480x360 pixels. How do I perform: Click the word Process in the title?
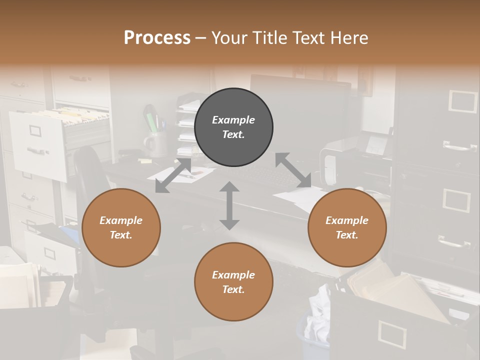click(x=157, y=38)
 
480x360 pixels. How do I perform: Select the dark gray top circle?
click(x=233, y=127)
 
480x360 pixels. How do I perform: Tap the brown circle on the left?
click(x=121, y=227)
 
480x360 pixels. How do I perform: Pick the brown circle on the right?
click(x=347, y=227)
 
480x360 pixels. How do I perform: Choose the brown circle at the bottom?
click(x=233, y=282)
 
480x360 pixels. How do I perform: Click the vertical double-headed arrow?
click(x=229, y=205)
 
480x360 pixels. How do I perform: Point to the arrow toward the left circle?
click(x=173, y=175)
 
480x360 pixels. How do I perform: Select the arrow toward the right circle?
click(x=293, y=170)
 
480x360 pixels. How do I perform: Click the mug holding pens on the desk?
click(x=156, y=144)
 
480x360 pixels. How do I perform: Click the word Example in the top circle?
click(x=233, y=120)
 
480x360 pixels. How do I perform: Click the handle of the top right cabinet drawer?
click(x=459, y=147)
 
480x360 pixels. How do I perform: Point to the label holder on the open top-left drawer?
click(x=36, y=131)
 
